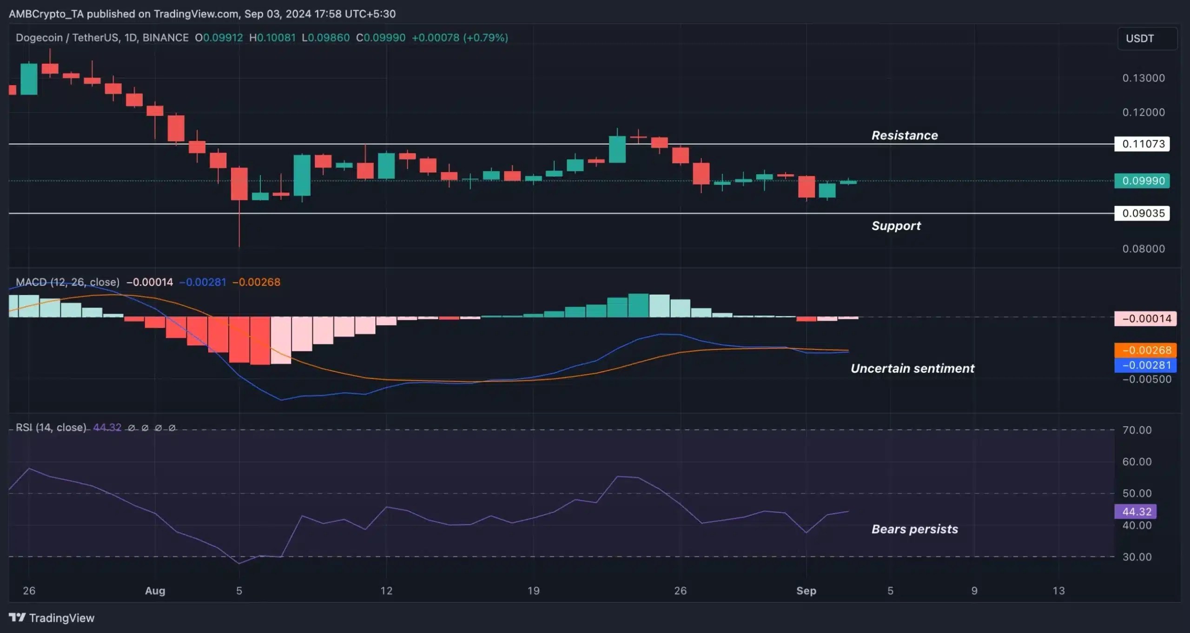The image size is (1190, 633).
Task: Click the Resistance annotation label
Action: point(904,135)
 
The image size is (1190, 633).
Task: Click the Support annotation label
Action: point(896,226)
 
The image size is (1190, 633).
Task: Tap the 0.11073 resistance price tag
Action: point(1142,144)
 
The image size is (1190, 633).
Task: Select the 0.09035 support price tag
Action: point(1142,213)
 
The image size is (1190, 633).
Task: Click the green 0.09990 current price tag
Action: point(1142,181)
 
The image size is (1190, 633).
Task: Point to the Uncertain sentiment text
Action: point(912,369)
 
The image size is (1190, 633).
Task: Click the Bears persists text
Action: point(914,529)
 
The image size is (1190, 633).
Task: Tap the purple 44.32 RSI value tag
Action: point(1136,512)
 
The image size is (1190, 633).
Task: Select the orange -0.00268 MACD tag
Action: point(1145,350)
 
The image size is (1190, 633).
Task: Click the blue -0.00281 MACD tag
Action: point(1145,365)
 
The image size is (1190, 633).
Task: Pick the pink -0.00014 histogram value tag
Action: point(1145,319)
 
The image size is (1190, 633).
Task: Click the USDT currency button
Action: point(1147,39)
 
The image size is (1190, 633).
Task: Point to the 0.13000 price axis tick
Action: point(1143,78)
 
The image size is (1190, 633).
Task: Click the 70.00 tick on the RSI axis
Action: point(1137,430)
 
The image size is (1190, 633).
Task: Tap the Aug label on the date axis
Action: point(155,591)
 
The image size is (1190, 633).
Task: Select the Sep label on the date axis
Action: point(806,591)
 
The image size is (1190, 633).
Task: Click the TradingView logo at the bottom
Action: point(52,618)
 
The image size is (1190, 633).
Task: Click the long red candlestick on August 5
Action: point(239,184)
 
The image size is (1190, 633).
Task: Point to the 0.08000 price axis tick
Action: point(1143,249)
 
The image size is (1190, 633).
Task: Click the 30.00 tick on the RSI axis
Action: point(1137,557)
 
